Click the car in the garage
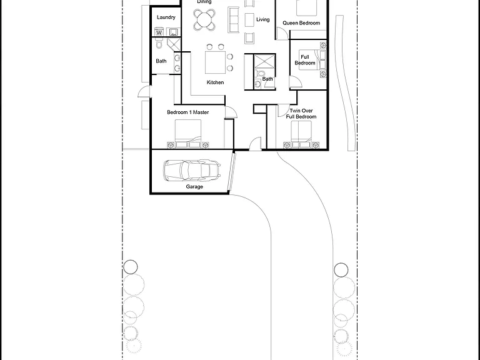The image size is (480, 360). click(x=192, y=171)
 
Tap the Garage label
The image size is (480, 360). click(x=194, y=186)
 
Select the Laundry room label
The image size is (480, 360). click(x=166, y=17)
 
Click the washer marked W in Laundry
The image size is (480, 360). click(x=159, y=31)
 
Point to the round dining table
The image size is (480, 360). click(x=204, y=20)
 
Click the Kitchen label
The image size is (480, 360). click(x=215, y=82)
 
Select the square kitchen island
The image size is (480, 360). click(x=215, y=62)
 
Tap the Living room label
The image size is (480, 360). click(x=263, y=19)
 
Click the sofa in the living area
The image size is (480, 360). click(x=233, y=20)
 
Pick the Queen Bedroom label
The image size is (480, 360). click(x=301, y=23)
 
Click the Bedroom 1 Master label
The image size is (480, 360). click(x=188, y=112)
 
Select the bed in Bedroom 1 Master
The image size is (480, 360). click(x=188, y=134)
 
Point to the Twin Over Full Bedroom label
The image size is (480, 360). click(x=301, y=114)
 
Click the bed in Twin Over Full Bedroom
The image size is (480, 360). click(x=301, y=135)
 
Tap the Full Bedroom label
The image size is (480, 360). click(x=305, y=60)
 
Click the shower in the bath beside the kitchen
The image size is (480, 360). click(x=264, y=61)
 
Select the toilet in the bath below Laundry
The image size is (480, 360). click(x=159, y=44)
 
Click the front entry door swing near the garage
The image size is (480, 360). click(x=255, y=144)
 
